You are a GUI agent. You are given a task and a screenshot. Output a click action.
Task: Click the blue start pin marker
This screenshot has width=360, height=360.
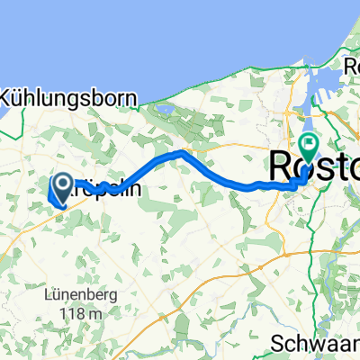[x=65, y=187]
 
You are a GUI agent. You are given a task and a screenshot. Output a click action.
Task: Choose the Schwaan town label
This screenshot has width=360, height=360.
[x=319, y=345]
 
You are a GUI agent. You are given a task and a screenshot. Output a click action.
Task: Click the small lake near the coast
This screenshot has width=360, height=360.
[x=168, y=112]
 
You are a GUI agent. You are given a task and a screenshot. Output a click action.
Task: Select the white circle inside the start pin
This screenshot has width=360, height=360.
[x=65, y=184]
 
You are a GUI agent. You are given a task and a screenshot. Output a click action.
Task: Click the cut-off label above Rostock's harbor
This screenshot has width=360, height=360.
[x=353, y=66]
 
